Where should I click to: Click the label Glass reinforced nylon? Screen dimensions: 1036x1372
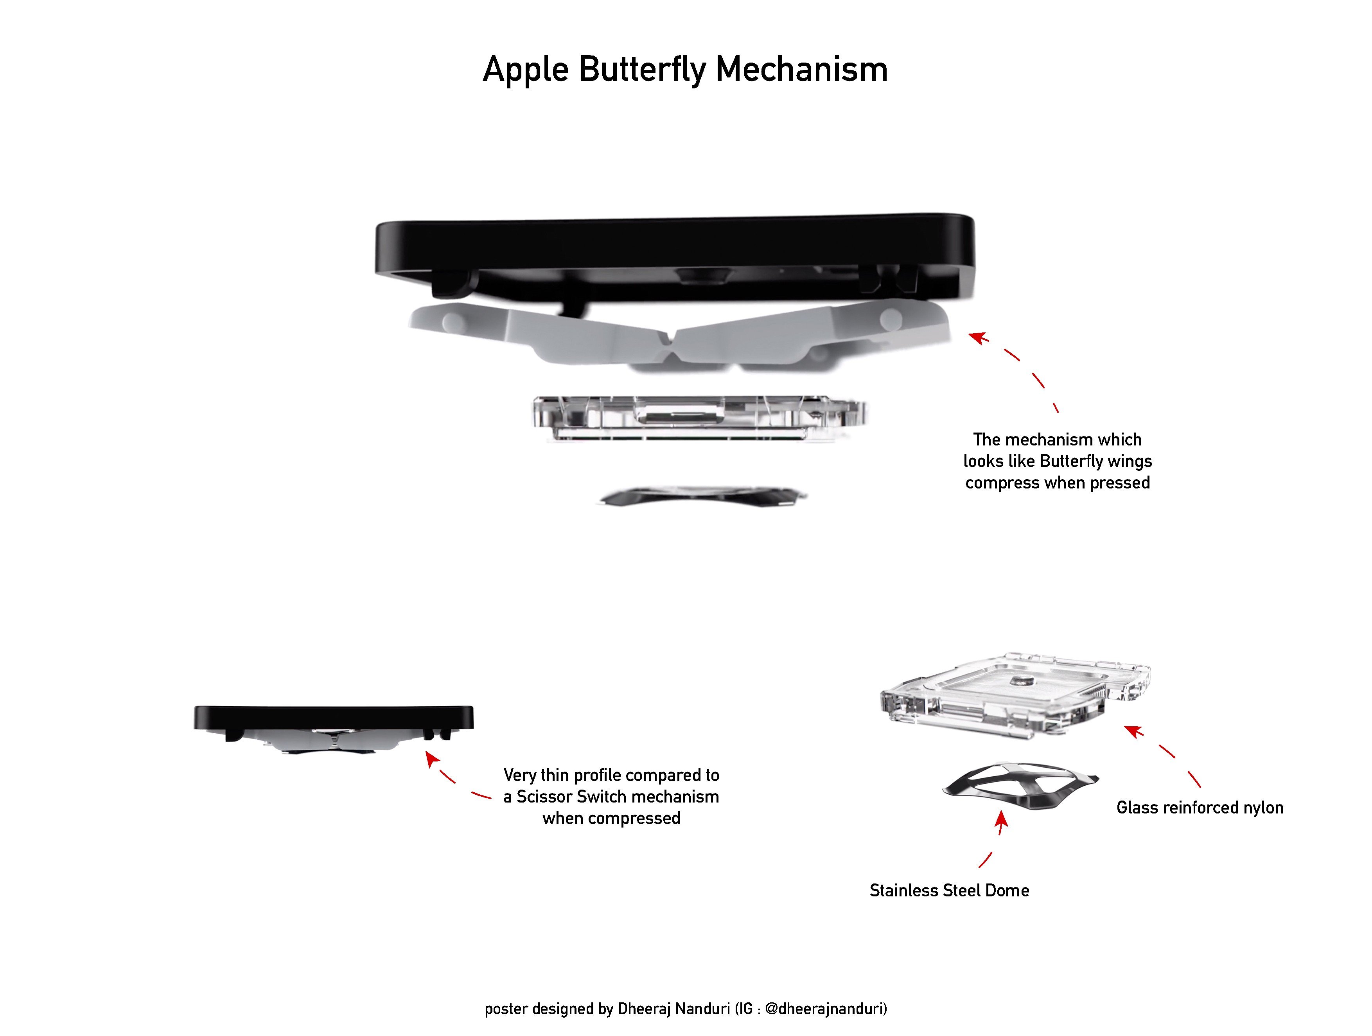pyautogui.click(x=1200, y=808)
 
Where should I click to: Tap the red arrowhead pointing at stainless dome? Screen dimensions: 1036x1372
pyautogui.click(x=1001, y=820)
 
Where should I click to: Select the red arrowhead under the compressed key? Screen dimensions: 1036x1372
pyautogui.click(x=432, y=759)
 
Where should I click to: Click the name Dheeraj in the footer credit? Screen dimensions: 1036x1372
pyautogui.click(x=643, y=1009)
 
